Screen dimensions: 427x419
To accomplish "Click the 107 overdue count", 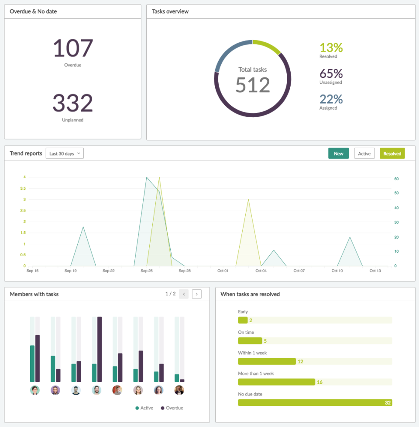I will click(73, 48).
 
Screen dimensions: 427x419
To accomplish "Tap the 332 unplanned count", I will click(73, 103).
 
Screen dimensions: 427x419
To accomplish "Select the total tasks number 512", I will click(253, 85).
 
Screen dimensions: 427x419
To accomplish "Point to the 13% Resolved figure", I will click(331, 47).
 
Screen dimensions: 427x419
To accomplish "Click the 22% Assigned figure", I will click(331, 99).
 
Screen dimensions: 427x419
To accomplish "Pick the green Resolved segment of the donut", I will click(267, 46).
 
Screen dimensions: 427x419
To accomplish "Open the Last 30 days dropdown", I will click(65, 153).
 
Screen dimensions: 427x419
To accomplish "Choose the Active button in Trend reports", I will click(364, 153).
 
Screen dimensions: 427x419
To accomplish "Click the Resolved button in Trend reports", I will click(392, 153).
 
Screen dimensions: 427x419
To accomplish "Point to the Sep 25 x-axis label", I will click(147, 271).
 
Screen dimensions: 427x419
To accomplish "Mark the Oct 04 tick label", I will click(261, 271).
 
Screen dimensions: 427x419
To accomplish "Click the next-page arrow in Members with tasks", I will click(197, 294).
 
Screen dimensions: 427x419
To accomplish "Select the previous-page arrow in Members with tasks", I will click(184, 294).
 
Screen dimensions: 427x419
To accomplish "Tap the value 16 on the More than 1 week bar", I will click(320, 382).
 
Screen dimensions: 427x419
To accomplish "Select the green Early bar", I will click(243, 320).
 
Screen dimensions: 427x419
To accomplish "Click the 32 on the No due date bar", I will click(388, 403).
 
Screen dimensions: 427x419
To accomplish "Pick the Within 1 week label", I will click(252, 353).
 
